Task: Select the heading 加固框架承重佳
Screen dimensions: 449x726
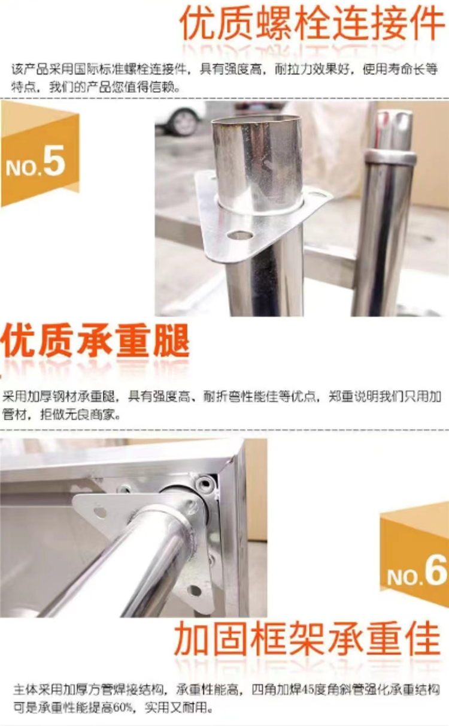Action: [x=308, y=639]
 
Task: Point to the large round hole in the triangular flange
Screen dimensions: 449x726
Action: [x=240, y=235]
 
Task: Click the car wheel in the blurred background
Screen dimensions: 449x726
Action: [x=184, y=122]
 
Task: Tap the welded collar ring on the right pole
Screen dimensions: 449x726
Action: [x=390, y=157]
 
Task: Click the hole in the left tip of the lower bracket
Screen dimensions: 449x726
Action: [x=100, y=512]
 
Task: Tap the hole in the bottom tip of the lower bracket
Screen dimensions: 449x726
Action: [x=194, y=590]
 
